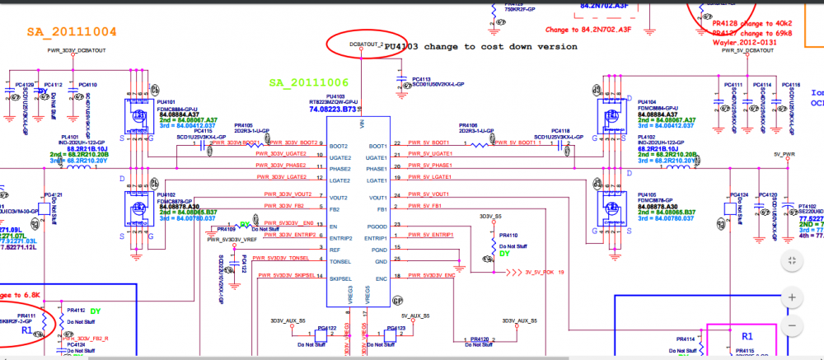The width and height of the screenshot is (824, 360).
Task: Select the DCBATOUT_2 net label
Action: click(367, 44)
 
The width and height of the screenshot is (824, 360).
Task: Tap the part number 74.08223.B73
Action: click(336, 108)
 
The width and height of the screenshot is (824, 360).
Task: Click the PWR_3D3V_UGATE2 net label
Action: click(281, 154)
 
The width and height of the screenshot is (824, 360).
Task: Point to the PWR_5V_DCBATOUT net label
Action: click(748, 51)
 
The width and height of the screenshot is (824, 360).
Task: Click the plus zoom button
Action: click(791, 296)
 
